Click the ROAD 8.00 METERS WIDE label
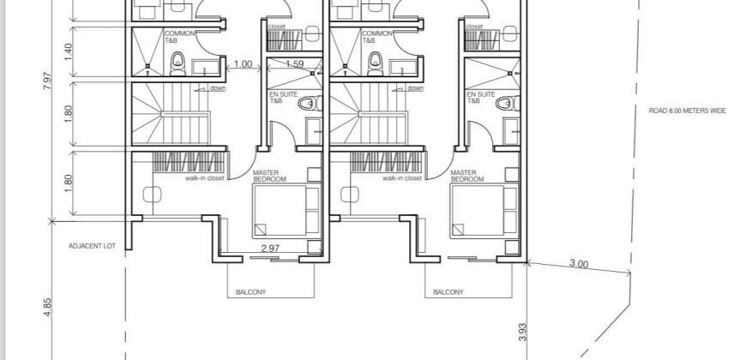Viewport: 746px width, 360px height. tap(688, 111)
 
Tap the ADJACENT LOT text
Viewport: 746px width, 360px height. tap(92, 246)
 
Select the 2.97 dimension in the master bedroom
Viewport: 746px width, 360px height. tap(270, 248)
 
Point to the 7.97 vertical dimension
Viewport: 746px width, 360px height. tap(47, 81)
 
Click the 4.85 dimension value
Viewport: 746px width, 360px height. tap(47, 308)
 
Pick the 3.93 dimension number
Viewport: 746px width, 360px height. tap(522, 333)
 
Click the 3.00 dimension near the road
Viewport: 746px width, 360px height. tap(579, 264)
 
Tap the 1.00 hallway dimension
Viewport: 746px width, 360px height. tap(244, 63)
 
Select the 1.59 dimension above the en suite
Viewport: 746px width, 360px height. tap(294, 63)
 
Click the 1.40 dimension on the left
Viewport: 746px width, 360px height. tap(68, 51)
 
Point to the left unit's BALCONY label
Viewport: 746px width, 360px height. tap(250, 292)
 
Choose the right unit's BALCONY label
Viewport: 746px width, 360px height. tap(448, 292)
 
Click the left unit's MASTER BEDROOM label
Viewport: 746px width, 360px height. tap(269, 176)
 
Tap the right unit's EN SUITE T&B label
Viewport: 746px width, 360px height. tap(481, 98)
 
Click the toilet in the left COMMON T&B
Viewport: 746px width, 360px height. tap(177, 63)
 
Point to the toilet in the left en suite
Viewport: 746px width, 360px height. tap(310, 103)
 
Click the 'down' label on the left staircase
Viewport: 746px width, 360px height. tap(218, 88)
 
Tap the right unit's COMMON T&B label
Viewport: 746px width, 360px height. tap(376, 37)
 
